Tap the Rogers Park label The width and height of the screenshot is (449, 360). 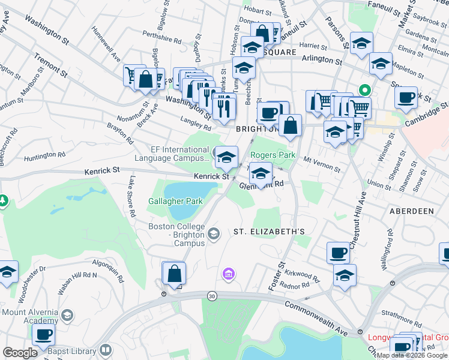click(x=273, y=155)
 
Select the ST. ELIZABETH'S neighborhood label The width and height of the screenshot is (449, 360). click(x=270, y=232)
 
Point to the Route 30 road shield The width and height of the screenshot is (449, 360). click(x=211, y=295)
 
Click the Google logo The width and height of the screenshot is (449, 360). click(x=20, y=353)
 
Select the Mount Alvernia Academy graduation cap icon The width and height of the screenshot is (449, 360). click(x=68, y=315)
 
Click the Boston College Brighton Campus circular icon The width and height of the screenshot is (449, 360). click(x=214, y=232)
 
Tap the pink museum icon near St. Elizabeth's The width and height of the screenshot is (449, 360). click(x=228, y=275)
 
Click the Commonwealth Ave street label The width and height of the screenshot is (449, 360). click(x=316, y=317)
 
